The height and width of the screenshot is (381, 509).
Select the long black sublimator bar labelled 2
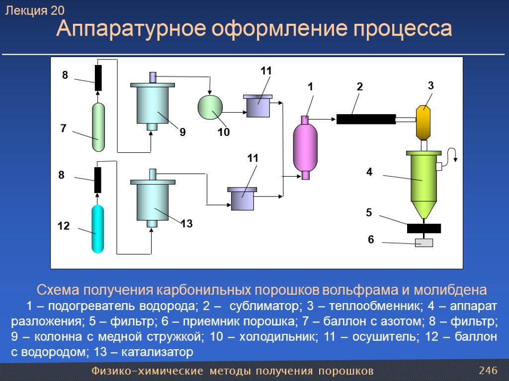click(366, 119)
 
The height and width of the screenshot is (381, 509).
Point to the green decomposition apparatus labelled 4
click(424, 176)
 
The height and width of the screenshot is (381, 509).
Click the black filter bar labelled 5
click(424, 228)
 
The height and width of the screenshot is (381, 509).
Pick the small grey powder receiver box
click(424, 243)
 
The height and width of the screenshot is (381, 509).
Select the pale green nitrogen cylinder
click(98, 127)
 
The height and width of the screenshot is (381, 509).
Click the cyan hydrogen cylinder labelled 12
click(97, 229)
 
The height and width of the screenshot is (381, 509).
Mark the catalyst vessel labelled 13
click(153, 201)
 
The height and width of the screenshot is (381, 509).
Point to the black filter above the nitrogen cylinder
click(98, 78)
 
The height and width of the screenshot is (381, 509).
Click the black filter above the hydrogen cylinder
click(98, 180)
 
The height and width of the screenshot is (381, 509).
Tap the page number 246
click(488, 371)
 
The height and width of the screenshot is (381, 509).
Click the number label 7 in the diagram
click(63, 128)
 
